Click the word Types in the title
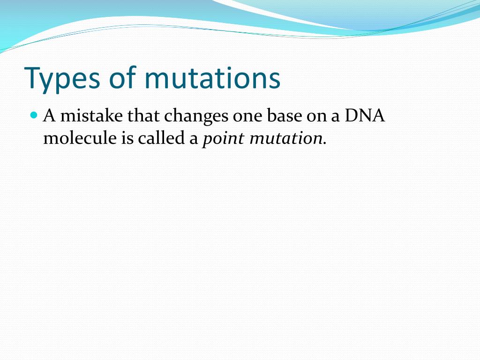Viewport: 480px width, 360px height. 62,79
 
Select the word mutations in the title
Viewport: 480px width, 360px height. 212,78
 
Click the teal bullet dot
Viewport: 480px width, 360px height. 34,115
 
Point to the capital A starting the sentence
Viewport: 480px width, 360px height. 49,116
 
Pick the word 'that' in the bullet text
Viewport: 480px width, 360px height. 143,115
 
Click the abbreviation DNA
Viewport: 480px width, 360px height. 365,116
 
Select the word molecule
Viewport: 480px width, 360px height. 80,138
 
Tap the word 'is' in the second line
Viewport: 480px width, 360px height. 127,138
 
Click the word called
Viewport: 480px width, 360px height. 161,138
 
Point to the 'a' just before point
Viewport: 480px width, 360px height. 194,140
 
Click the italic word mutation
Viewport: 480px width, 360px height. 286,138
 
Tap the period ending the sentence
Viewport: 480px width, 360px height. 325,143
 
